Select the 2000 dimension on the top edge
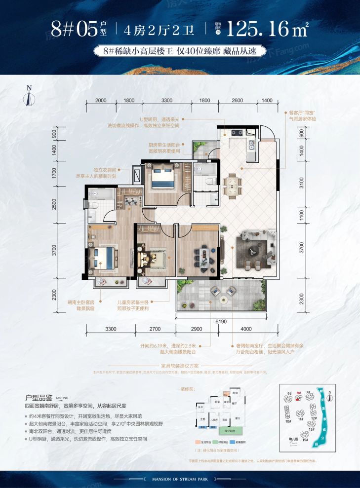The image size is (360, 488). pyautogui.click(x=101, y=100)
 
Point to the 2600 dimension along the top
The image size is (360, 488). pyautogui.click(x=237, y=100)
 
